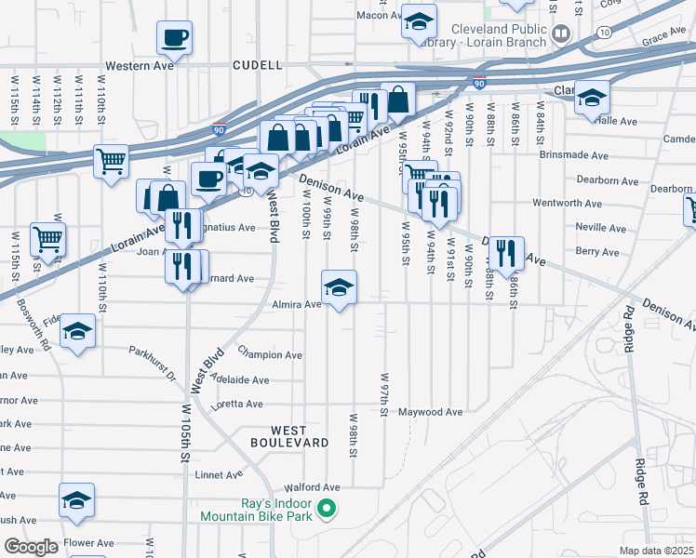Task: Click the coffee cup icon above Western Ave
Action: pyautogui.click(x=174, y=38)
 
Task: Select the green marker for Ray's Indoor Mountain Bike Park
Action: pyautogui.click(x=326, y=509)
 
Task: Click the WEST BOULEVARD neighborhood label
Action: pyautogui.click(x=288, y=436)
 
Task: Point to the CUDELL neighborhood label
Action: pyautogui.click(x=259, y=66)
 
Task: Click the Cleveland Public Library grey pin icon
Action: pyautogui.click(x=561, y=35)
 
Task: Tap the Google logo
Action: pyautogui.click(x=31, y=547)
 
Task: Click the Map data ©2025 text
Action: pyautogui.click(x=656, y=551)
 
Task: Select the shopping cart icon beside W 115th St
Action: pyautogui.click(x=47, y=238)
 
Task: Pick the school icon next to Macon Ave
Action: pyautogui.click(x=420, y=20)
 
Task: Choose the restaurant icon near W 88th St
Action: pyautogui.click(x=506, y=250)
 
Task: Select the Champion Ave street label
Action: pyautogui.click(x=270, y=354)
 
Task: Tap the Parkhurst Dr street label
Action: pyautogui.click(x=153, y=364)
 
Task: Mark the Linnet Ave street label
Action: pyautogui.click(x=221, y=475)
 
